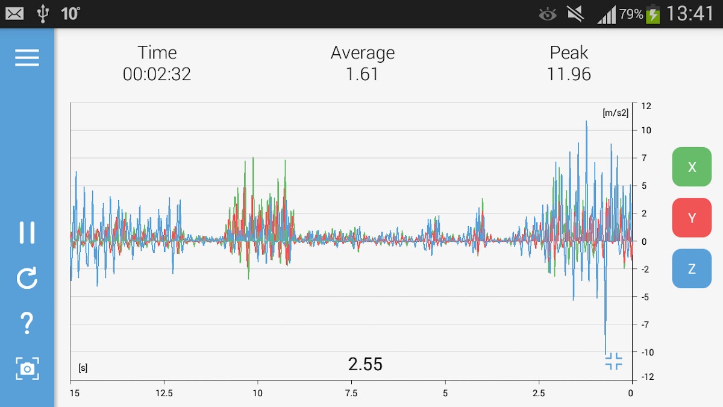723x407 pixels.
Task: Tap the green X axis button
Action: click(x=692, y=167)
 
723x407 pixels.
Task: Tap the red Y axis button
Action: click(x=692, y=218)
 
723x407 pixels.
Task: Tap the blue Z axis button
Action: click(x=692, y=268)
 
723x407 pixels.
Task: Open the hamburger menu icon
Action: click(x=27, y=57)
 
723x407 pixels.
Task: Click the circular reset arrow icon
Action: click(x=27, y=278)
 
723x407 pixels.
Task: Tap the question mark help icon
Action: click(x=27, y=323)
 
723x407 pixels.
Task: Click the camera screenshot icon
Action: click(x=27, y=368)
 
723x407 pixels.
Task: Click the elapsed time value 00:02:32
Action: click(x=157, y=74)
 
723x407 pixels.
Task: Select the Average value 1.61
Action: click(x=362, y=74)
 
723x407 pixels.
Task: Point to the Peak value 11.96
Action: click(x=569, y=74)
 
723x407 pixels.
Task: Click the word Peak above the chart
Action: click(x=569, y=53)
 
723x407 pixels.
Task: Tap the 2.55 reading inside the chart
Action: click(x=365, y=364)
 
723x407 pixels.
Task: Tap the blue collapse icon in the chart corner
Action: click(x=613, y=361)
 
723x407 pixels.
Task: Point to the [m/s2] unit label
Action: click(x=615, y=113)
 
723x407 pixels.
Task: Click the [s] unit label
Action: click(x=83, y=368)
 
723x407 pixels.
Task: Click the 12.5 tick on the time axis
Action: click(x=164, y=393)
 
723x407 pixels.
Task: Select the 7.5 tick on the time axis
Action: click(x=351, y=393)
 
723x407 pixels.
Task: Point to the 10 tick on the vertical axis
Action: click(x=646, y=130)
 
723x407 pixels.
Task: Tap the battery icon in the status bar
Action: click(x=653, y=14)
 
